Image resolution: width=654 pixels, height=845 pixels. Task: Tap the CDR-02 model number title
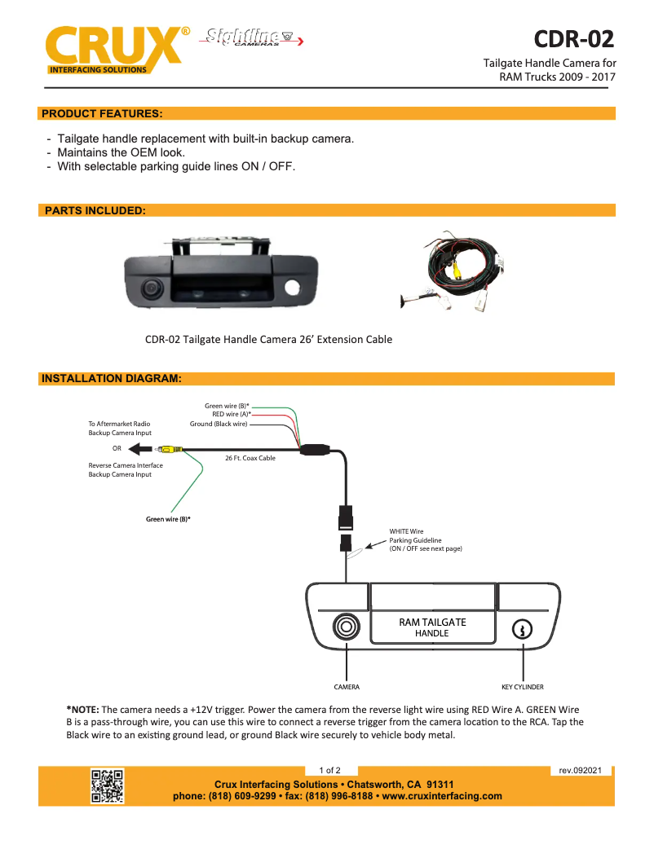point(573,39)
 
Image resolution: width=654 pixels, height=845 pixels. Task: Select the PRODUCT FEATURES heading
point(102,113)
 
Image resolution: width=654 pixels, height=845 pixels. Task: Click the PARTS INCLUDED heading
point(95,210)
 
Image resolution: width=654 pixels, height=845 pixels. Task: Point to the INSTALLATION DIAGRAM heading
point(111,379)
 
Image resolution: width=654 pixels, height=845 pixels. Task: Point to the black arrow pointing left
point(136,448)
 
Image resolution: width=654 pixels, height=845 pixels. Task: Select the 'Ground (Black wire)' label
point(219,424)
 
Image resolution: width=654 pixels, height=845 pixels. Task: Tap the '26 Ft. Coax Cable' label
point(250,458)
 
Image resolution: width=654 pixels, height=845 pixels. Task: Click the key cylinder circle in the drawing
point(522,628)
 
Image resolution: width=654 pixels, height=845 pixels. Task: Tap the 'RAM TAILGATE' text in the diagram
point(432,622)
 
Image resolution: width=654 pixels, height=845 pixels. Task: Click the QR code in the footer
point(107,786)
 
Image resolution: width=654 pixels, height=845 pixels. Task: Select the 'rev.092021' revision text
point(580,770)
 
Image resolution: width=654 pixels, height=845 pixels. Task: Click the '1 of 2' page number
point(329,770)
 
